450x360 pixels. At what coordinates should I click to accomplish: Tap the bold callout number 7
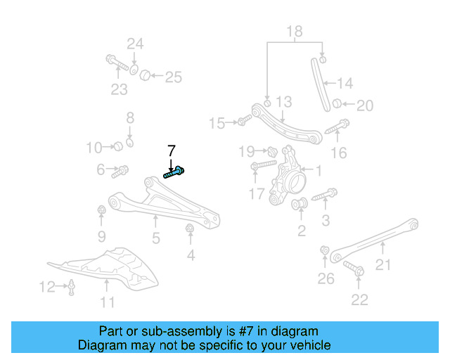pos(171,150)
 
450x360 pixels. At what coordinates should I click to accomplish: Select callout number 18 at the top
pos(294,31)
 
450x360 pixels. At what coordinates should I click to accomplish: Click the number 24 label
pos(135,44)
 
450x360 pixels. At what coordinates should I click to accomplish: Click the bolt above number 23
pos(116,64)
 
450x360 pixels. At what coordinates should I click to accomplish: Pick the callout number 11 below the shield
pos(107,303)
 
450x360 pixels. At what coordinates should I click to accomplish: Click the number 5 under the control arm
pos(155,239)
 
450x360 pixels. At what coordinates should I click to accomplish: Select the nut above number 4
pos(189,229)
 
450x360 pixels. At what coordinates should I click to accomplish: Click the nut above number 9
pos(102,209)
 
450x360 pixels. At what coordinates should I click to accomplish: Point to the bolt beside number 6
pos(121,169)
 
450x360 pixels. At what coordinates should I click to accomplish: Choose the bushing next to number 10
pos(119,146)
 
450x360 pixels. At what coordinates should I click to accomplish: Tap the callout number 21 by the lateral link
pos(382,265)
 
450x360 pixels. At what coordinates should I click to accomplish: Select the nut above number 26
pos(325,250)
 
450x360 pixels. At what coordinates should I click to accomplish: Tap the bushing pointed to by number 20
pos(337,105)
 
